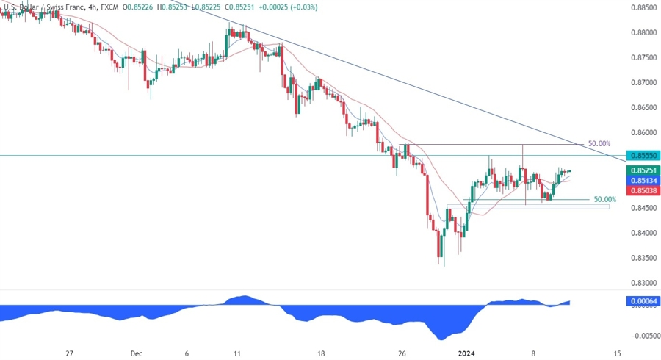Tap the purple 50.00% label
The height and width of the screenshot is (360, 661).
(x=599, y=144)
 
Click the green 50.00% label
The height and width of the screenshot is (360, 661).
(x=604, y=199)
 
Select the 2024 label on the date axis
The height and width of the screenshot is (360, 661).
(x=468, y=353)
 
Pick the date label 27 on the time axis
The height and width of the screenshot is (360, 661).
(x=69, y=353)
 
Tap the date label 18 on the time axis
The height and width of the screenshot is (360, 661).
(x=321, y=353)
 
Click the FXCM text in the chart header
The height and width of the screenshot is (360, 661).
(x=107, y=7)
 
